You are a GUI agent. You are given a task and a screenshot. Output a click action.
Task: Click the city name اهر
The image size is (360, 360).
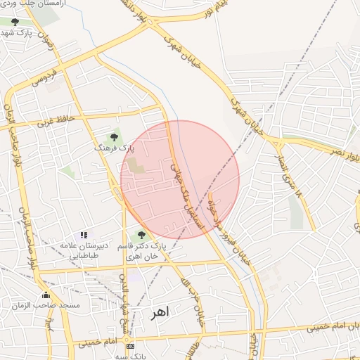(160, 311)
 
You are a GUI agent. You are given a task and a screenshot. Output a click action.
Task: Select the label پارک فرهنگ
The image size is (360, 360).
(114, 149)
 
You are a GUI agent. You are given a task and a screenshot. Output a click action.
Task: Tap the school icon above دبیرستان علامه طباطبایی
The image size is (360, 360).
(84, 235)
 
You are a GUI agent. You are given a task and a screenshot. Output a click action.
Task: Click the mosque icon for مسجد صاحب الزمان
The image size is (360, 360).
(46, 295)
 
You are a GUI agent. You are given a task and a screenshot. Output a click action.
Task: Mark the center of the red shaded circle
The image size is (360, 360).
(180, 179)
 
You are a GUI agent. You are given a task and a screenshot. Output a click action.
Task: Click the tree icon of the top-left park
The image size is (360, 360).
(15, 22)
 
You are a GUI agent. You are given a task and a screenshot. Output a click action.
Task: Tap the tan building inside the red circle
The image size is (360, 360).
(136, 167)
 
